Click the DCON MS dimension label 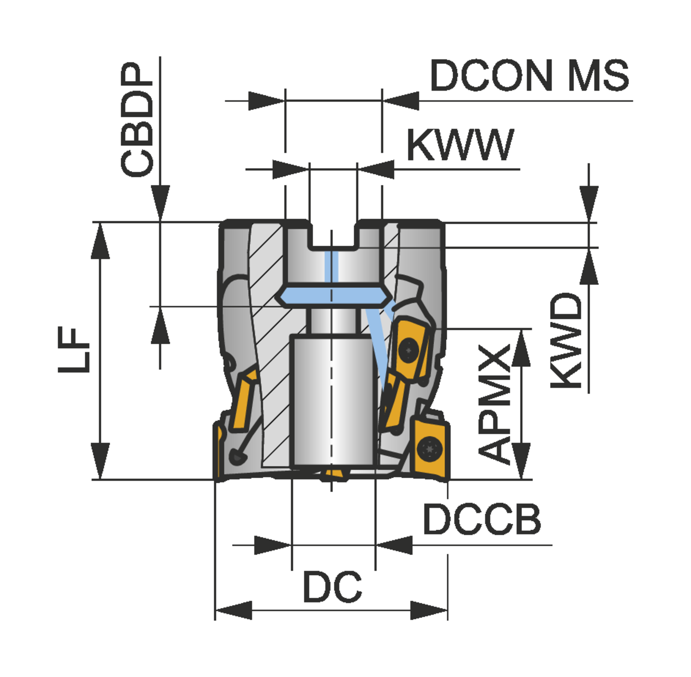(529, 76)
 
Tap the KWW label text (459, 145)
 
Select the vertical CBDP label (137, 120)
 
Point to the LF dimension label (74, 350)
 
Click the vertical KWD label (567, 341)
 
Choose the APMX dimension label (495, 403)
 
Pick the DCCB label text (481, 520)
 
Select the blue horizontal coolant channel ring (333, 296)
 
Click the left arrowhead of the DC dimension (233, 611)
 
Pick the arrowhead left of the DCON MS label (401, 101)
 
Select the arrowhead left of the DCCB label (394, 545)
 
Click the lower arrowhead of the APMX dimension (521, 460)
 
